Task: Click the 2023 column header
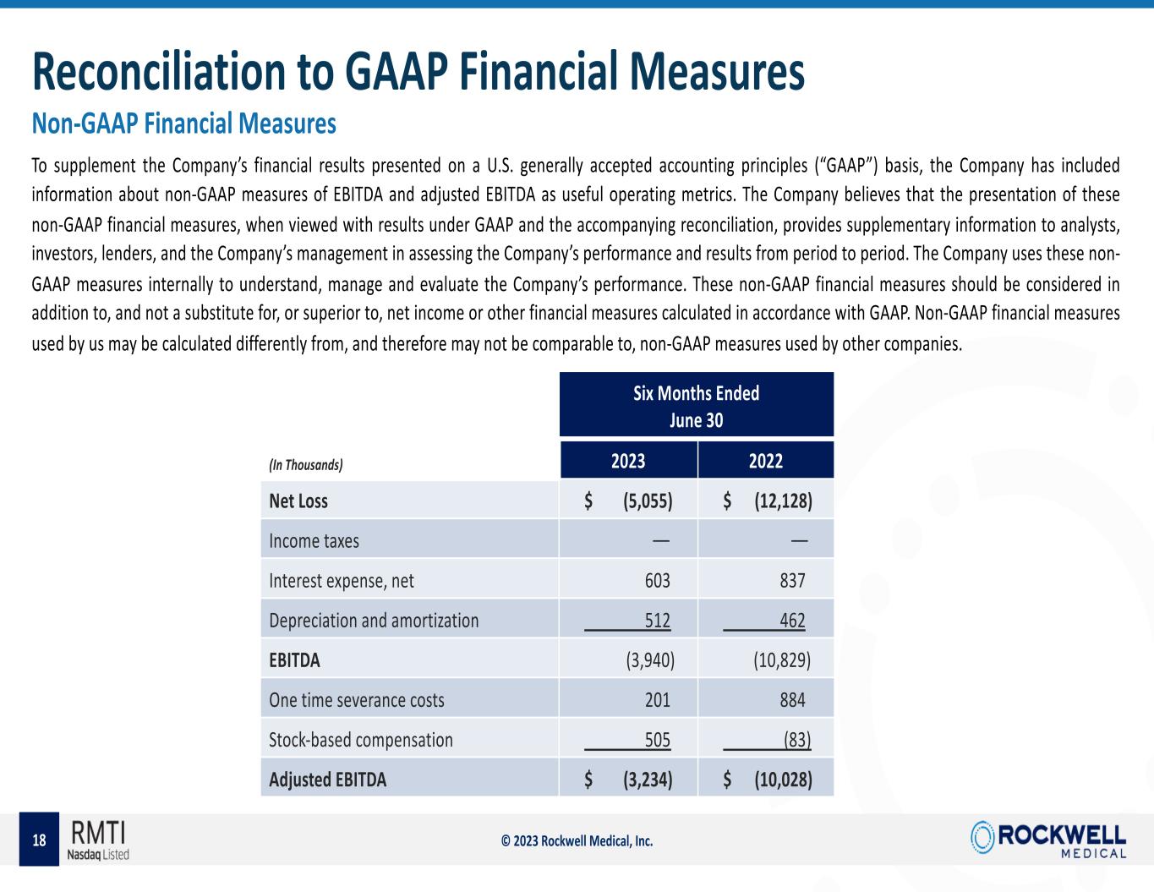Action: (x=628, y=461)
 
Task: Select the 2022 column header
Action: (x=766, y=461)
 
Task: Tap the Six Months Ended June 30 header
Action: (x=697, y=406)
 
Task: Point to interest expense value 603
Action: (x=657, y=581)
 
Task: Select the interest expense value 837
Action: (x=792, y=581)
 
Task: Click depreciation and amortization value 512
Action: (x=657, y=621)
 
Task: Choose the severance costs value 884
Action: (x=792, y=700)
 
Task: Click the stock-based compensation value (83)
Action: (x=796, y=740)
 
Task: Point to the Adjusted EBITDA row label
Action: (x=327, y=780)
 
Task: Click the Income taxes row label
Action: (x=314, y=541)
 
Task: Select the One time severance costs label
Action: (x=356, y=700)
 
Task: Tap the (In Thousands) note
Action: (x=305, y=465)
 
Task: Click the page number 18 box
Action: (x=39, y=840)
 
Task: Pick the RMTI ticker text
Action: (x=98, y=832)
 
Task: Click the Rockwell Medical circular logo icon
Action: (x=983, y=836)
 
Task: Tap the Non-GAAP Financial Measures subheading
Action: (x=183, y=124)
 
